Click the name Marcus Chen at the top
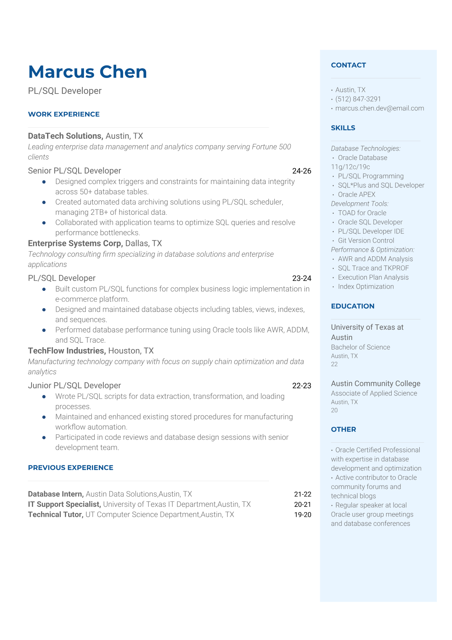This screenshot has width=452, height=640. tap(87, 72)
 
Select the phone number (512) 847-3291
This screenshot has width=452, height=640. tap(358, 99)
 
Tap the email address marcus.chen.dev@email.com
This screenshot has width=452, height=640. tap(379, 108)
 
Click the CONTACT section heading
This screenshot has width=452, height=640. tap(348, 65)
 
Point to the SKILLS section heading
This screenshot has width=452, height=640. tap(343, 128)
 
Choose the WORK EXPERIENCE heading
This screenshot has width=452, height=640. tap(64, 114)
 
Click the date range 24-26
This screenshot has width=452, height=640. tap(302, 171)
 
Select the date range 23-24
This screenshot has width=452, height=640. tap(302, 278)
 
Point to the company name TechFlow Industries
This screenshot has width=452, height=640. tap(66, 351)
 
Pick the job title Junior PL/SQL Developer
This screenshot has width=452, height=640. tap(74, 386)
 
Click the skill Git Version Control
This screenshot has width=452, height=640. tap(366, 240)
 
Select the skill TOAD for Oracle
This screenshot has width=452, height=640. tap(362, 213)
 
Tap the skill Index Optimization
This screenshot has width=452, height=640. tap(366, 286)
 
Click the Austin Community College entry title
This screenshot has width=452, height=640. tap(375, 383)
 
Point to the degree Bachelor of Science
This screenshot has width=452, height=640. tap(360, 347)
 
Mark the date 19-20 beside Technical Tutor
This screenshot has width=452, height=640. tap(302, 515)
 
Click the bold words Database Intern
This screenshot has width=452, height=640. tap(55, 494)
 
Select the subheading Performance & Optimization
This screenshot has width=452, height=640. tap(372, 249)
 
